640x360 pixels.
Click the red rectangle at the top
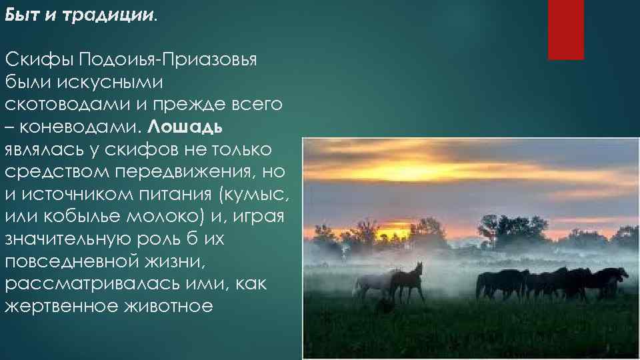[565, 29]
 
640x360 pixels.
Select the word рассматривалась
[84, 284]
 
